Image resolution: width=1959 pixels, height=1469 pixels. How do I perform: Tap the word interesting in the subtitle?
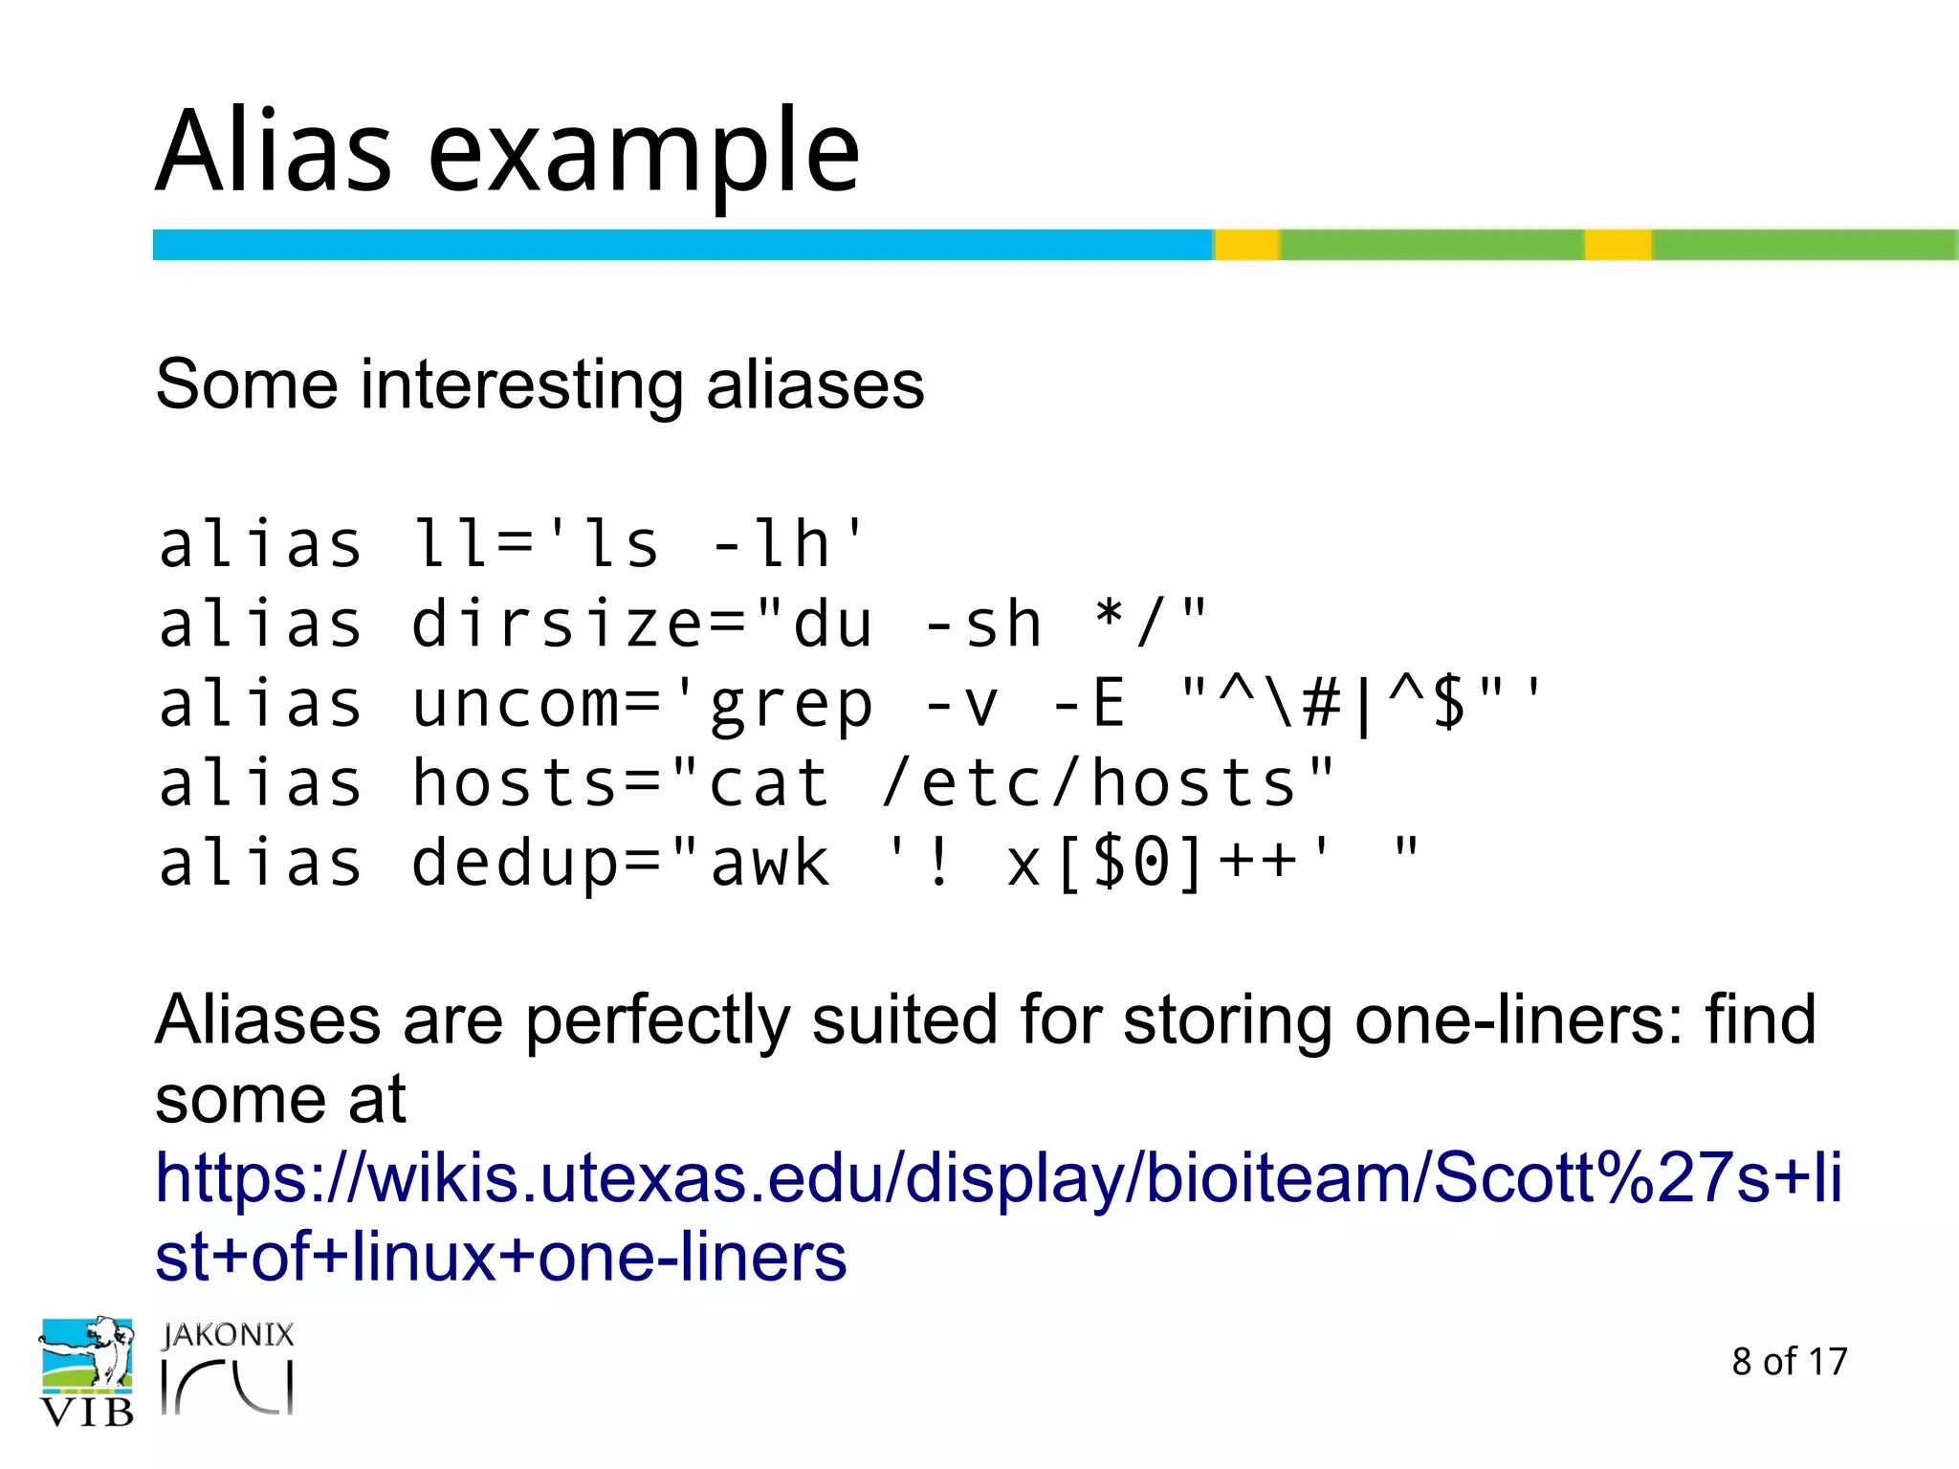point(521,384)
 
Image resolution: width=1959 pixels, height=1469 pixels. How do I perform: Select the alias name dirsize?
point(557,624)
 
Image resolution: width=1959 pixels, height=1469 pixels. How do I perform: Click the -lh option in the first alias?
point(770,544)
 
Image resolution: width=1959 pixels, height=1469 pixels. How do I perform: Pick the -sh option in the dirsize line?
point(982,624)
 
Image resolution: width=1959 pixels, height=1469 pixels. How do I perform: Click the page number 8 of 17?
point(1789,1361)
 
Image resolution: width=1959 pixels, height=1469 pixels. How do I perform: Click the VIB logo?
point(86,1372)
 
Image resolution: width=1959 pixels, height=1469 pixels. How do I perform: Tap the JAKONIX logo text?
point(228,1335)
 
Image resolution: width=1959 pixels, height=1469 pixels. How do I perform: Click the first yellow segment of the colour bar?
point(1246,245)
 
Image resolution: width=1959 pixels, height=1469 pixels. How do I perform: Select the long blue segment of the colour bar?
point(681,245)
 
